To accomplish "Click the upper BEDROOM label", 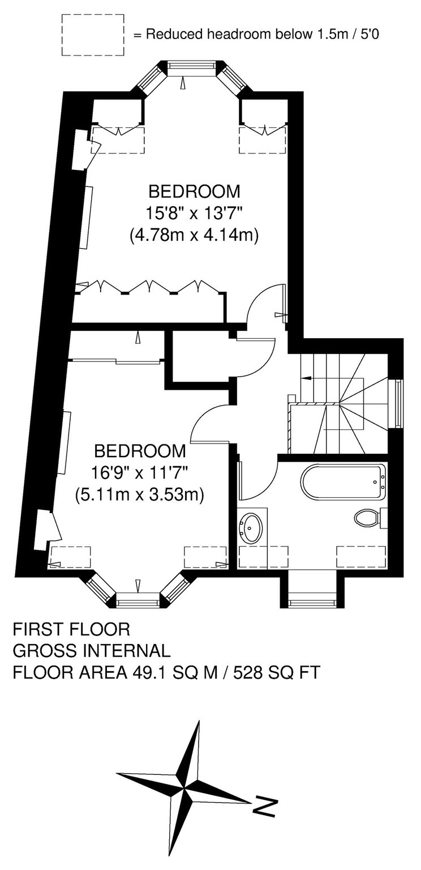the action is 195,191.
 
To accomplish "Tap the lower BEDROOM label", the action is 140,451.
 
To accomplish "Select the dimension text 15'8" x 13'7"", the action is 195,213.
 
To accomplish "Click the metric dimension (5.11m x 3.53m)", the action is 140,495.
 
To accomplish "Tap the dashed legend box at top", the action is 93,35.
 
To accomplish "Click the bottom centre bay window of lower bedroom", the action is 138,603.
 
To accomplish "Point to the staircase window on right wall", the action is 398,403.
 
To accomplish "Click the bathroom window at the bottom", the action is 312,603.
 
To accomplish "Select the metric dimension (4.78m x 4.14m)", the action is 194,236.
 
